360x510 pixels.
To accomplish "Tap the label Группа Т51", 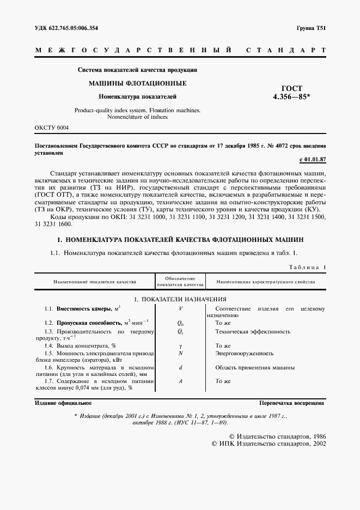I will (311, 28).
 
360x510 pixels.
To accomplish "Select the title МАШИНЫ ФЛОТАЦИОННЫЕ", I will (137, 83).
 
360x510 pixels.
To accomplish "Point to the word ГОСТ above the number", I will (291, 88).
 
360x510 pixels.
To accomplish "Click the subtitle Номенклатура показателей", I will (137, 96).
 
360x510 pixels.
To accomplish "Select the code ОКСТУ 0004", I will (52, 127).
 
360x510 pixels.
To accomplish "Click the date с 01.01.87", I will (312, 159).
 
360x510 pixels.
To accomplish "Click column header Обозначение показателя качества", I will (180, 282).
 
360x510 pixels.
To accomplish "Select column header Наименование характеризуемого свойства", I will (266, 282).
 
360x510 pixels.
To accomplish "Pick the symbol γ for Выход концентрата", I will (180, 345).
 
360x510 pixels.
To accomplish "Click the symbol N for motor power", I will (180, 354).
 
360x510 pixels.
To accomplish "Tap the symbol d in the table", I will (180, 368).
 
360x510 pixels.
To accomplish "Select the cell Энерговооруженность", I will (243, 354).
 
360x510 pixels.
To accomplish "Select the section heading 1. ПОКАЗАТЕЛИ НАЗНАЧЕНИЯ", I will (180, 299).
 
